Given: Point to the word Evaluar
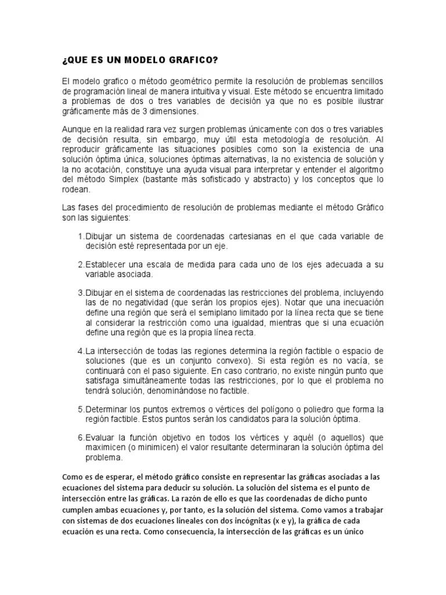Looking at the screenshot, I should [x=102, y=437].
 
